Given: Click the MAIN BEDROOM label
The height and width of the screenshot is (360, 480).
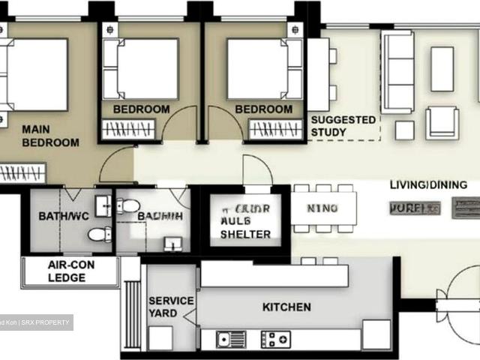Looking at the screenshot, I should point(50,136).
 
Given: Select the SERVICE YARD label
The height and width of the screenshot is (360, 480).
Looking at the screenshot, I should point(170,307).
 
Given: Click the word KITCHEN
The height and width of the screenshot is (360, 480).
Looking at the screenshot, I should point(286,307).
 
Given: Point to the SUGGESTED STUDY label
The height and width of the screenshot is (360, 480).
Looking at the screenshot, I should point(343,126).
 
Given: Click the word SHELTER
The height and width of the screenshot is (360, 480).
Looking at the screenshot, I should point(245,234).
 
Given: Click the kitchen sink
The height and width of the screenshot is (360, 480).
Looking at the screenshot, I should point(232,339).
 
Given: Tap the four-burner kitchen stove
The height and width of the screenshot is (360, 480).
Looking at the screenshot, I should point(277,339).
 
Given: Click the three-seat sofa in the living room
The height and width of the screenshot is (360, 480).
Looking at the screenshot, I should point(397,71).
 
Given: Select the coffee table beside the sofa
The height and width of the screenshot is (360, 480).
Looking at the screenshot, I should point(442,69).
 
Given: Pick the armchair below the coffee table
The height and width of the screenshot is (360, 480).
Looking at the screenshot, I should point(442,122).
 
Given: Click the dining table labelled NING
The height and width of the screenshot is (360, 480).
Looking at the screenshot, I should point(323,208).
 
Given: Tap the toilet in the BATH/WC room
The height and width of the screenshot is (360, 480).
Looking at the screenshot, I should point(99,235).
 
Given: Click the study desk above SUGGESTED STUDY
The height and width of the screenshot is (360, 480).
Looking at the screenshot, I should point(318,75).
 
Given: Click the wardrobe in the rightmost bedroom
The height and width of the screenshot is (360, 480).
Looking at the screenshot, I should point(274,129).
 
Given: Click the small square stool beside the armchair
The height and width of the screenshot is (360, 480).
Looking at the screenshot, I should point(404,130).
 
